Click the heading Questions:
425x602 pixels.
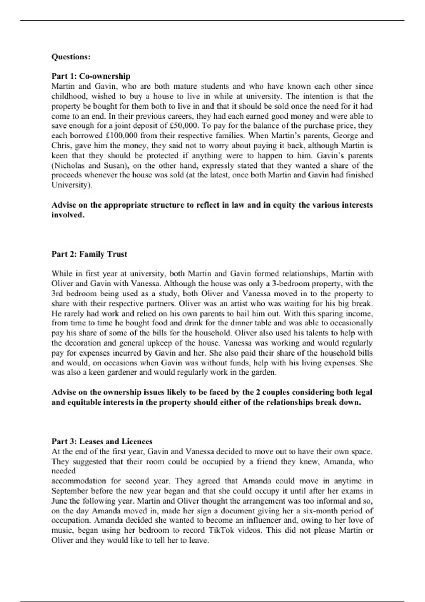(71, 57)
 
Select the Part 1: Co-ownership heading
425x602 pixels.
(91, 76)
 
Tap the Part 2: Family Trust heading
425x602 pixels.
(89, 254)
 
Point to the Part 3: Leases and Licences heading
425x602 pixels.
(102, 442)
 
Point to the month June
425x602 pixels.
(59, 501)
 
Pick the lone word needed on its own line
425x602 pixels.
(64, 471)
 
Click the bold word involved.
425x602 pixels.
(68, 215)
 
